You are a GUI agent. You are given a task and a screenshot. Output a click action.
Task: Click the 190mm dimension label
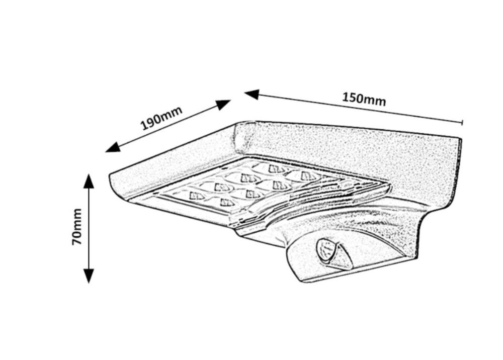pyautogui.click(x=161, y=119)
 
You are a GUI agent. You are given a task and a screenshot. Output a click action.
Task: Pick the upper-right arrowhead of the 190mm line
pyautogui.click(x=223, y=104)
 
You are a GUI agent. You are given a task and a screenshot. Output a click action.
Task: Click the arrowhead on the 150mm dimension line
pyautogui.click(x=251, y=94)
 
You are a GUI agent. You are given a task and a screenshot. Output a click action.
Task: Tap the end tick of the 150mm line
pyautogui.click(x=462, y=122)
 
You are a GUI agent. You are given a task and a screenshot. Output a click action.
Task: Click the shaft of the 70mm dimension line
pyautogui.click(x=89, y=228)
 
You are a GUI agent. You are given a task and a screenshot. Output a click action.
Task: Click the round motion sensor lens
pyautogui.click(x=324, y=250)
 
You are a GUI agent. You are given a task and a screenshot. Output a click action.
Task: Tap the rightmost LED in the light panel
pyautogui.click(x=308, y=175)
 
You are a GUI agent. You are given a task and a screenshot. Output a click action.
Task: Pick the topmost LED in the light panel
pyautogui.click(x=276, y=168)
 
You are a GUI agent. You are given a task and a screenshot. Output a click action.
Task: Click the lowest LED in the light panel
pyautogui.click(x=227, y=203)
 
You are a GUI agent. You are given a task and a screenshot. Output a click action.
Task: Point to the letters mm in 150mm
pyautogui.click(x=376, y=101)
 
